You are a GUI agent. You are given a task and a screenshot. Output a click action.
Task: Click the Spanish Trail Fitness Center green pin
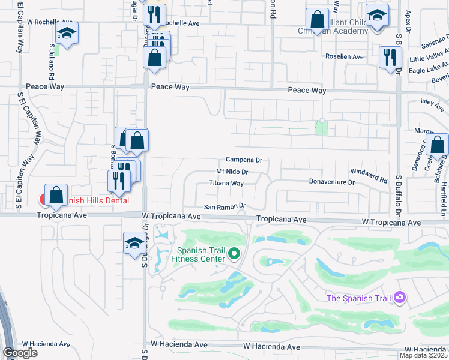point(235,254)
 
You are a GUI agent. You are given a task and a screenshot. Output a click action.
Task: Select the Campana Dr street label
point(244,160)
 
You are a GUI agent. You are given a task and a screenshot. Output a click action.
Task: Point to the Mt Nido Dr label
point(232,172)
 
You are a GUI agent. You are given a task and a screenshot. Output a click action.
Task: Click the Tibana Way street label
point(226,184)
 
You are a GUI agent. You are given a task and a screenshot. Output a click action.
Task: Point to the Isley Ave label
point(432,103)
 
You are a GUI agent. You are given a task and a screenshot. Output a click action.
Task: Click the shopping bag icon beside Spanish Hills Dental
point(56,194)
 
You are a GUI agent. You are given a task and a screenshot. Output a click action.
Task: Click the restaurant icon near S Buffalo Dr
point(390,57)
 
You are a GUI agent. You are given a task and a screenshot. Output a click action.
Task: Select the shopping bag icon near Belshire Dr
point(438,145)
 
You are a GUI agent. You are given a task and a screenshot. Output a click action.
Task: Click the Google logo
point(20,353)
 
